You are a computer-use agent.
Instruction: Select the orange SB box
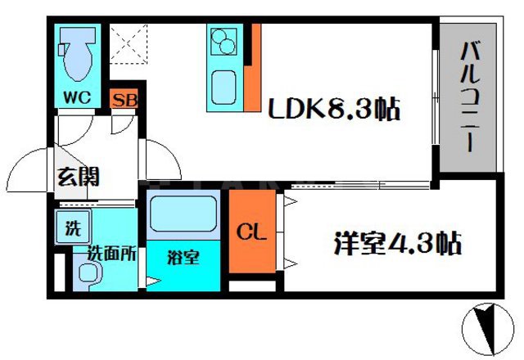124,101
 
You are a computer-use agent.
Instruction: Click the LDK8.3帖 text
336,109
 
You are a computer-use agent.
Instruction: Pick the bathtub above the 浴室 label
183,214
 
